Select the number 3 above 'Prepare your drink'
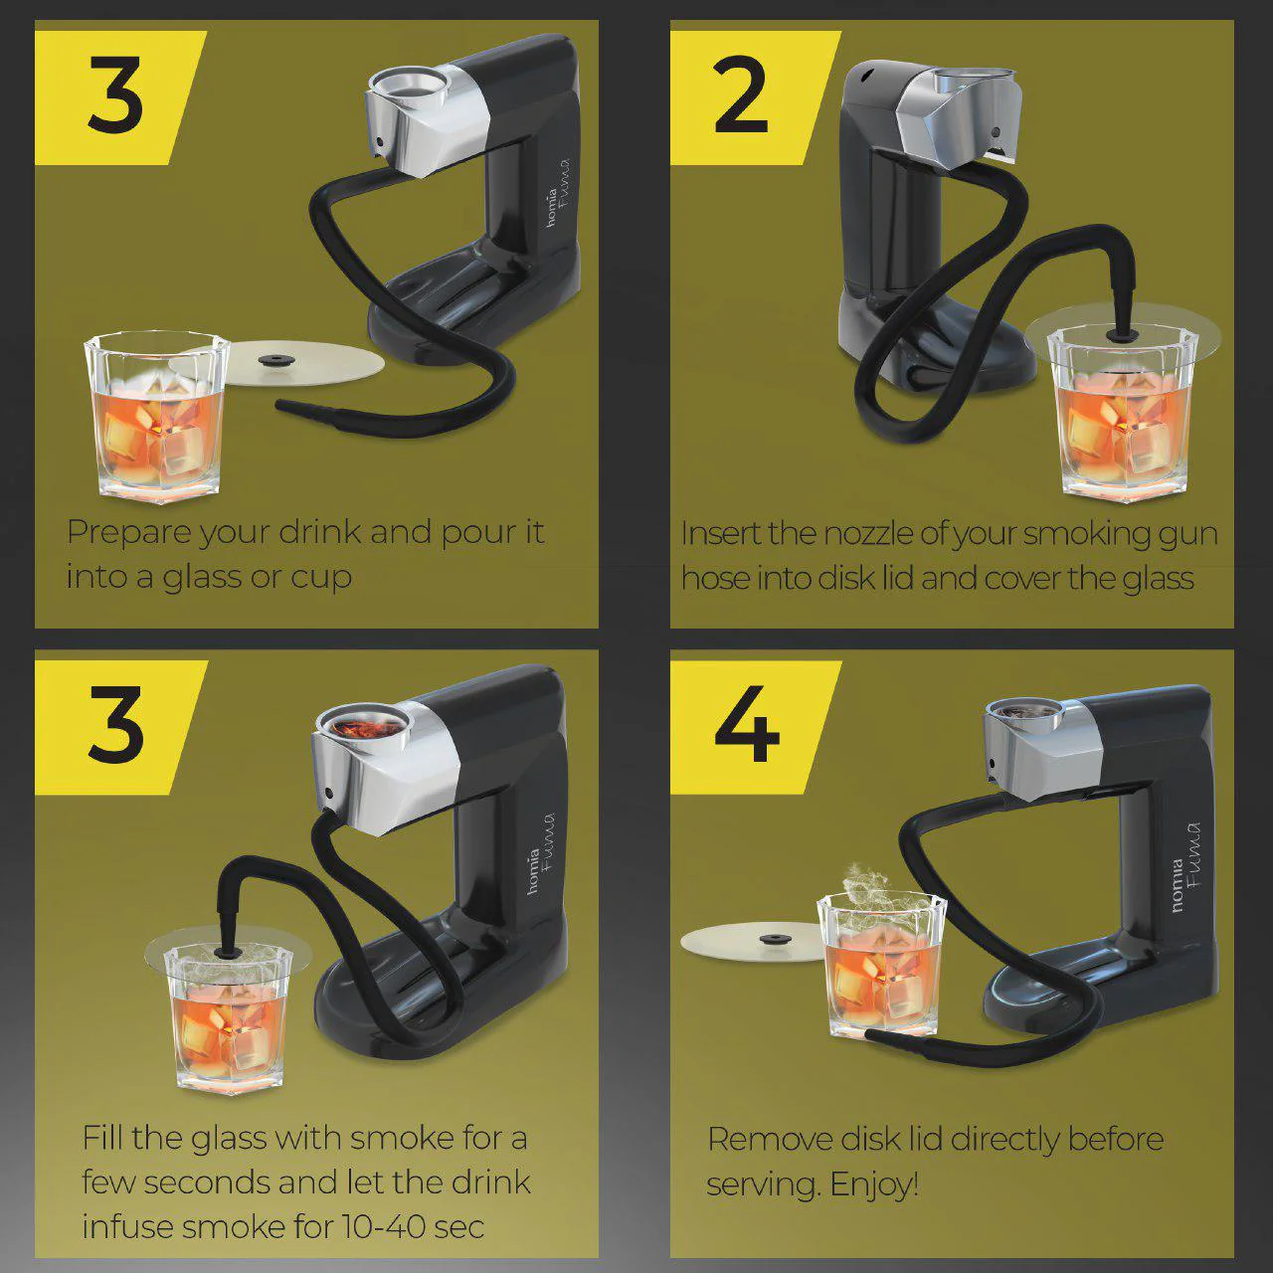tap(115, 94)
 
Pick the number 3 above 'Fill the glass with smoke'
tap(116, 725)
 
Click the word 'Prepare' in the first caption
tap(128, 532)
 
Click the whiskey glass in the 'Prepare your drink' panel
tap(156, 417)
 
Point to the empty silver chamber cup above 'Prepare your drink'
tap(410, 87)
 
